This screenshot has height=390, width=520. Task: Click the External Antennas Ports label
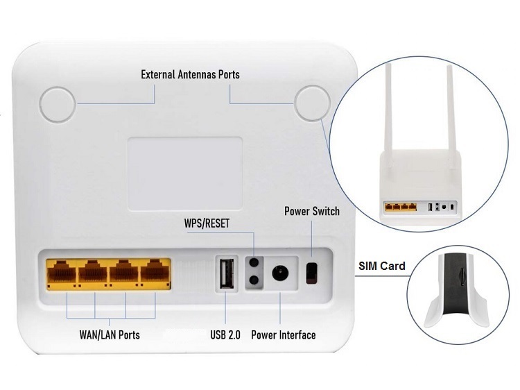(x=190, y=74)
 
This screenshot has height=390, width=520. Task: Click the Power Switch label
(x=312, y=211)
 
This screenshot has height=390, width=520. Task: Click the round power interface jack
(x=281, y=272)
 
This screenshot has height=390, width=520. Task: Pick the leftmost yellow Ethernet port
(x=62, y=272)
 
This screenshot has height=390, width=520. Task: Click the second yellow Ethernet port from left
(x=93, y=272)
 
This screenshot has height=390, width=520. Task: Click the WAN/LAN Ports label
(x=109, y=335)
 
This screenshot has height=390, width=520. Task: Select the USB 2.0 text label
(x=225, y=335)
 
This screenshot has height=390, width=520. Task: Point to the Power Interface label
(x=283, y=335)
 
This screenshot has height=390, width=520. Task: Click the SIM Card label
(x=382, y=266)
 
